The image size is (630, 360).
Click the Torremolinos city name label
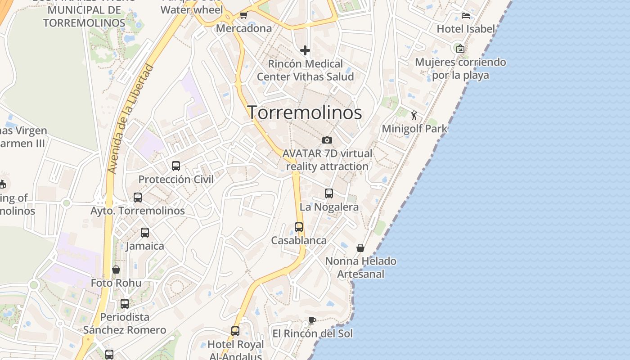coord(305,112)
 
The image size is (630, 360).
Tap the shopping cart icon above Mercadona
coord(243,15)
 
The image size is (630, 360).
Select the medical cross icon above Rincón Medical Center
coord(305,50)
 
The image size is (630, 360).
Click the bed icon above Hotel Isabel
coord(466,16)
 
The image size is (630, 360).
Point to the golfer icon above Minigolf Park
coord(414,115)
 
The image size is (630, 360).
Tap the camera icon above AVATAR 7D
coord(327,140)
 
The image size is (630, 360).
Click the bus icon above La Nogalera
coord(329,193)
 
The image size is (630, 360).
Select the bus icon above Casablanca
coord(299,227)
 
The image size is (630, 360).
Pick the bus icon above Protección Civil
coord(176,166)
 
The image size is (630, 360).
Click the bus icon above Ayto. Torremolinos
coord(138,197)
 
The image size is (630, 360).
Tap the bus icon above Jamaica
coord(145,232)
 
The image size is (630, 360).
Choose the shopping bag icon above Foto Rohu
coord(116,270)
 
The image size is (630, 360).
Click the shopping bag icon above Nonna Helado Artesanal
coord(360,248)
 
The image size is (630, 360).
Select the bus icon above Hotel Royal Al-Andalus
coord(235,331)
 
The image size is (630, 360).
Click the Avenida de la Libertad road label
coord(130,119)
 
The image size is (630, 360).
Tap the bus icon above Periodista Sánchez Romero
coord(125,304)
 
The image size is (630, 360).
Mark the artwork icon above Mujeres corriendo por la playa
coord(460,49)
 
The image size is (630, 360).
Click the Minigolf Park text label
coord(414,129)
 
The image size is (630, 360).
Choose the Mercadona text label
coord(244,28)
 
